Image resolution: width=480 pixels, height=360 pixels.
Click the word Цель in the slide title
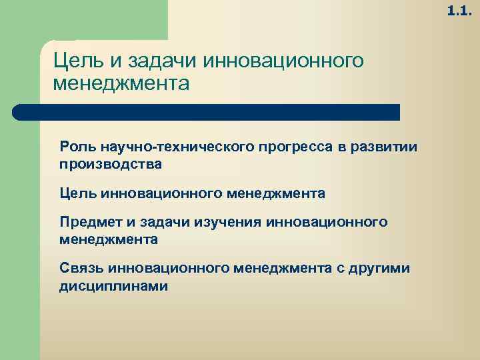[x=73, y=61]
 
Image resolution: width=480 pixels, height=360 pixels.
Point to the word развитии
[x=385, y=147]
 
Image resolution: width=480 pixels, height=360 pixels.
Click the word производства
[x=110, y=163]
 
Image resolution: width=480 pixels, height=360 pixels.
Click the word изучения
[x=224, y=221]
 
